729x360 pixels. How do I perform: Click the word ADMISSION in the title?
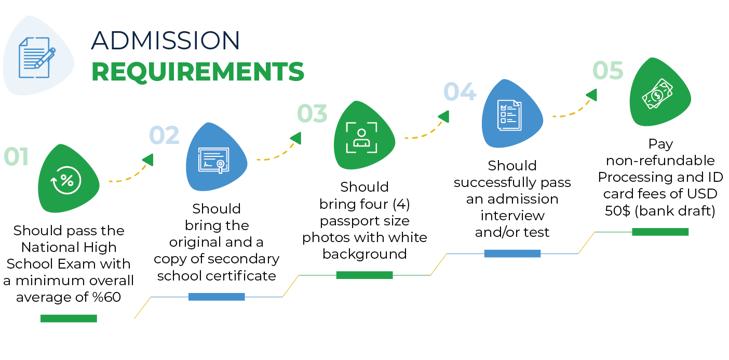click(166, 41)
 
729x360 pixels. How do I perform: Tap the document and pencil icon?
click(37, 57)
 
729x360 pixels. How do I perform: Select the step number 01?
click(16, 157)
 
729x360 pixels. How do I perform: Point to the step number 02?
click(164, 136)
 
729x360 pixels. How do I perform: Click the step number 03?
click(312, 114)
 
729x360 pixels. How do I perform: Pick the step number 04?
click(460, 92)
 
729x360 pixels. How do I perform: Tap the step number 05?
click(608, 71)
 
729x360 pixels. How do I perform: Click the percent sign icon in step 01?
click(67, 180)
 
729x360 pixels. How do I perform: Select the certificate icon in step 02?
click(213, 158)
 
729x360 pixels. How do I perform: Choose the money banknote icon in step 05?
click(657, 94)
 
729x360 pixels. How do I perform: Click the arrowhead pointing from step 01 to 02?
click(148, 160)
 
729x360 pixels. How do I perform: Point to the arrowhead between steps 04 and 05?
click(591, 95)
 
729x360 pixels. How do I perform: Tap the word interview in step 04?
click(512, 216)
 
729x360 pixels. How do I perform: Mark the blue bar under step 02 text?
click(217, 297)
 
